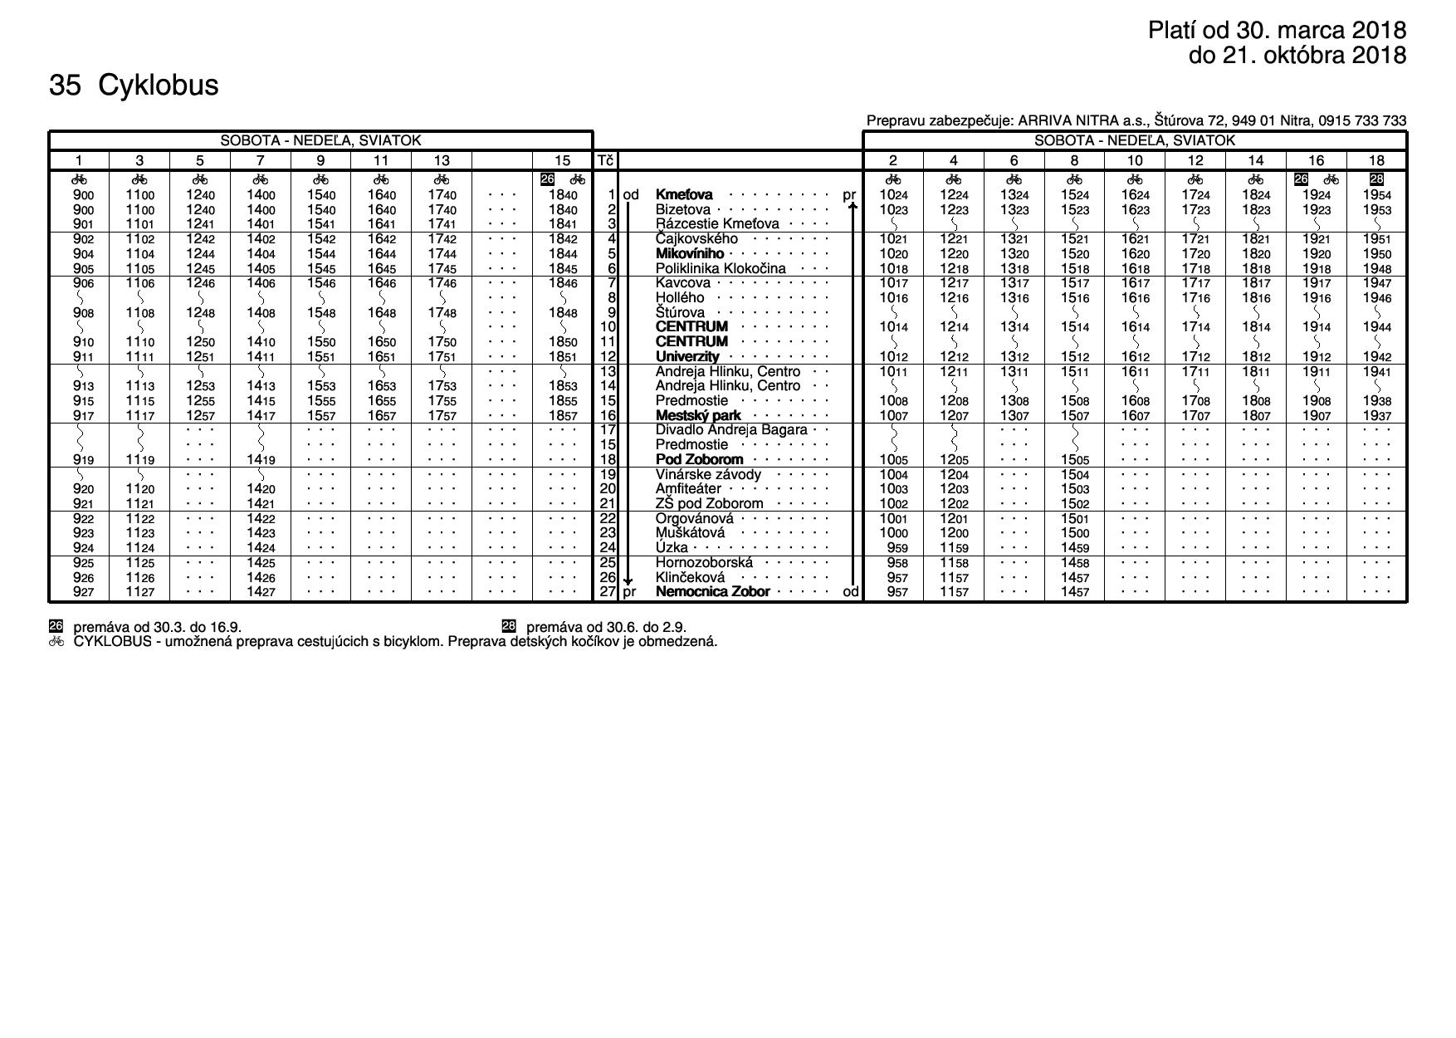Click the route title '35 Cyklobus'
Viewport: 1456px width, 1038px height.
(x=134, y=86)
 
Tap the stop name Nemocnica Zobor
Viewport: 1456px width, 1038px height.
(x=712, y=592)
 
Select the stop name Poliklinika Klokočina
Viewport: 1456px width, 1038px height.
(x=720, y=268)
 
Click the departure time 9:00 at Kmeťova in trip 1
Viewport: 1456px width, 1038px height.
(x=83, y=195)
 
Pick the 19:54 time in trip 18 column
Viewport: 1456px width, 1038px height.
(x=1376, y=195)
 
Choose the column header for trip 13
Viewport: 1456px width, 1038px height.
(x=442, y=160)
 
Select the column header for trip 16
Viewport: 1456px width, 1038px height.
(x=1316, y=160)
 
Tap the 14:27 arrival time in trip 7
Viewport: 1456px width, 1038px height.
(x=261, y=592)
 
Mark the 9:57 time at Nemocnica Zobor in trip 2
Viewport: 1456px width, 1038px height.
(x=892, y=592)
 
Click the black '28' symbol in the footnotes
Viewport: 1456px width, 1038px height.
(x=510, y=627)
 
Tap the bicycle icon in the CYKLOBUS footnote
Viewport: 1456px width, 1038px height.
(x=56, y=642)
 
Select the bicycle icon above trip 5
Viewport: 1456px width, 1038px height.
(x=200, y=179)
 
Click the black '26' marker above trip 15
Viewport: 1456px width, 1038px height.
(x=548, y=179)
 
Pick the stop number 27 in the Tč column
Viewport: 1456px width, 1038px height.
(x=608, y=592)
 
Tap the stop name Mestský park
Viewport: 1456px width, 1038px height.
(x=698, y=415)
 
